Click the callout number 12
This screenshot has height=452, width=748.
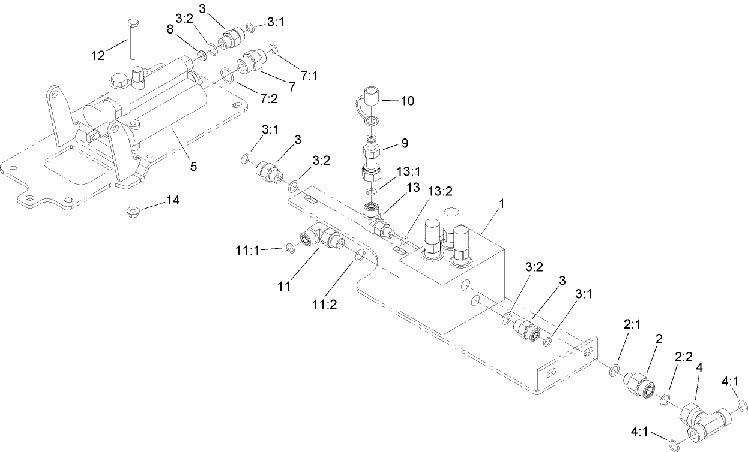(x=98, y=56)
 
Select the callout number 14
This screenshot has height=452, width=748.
(x=172, y=200)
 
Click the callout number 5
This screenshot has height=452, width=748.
(x=193, y=167)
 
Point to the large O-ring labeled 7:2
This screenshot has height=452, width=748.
(x=227, y=75)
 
